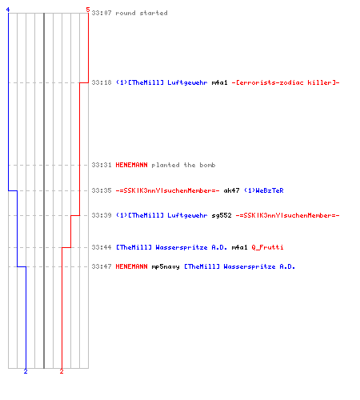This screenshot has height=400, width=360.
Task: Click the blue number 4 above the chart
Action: (x=8, y=10)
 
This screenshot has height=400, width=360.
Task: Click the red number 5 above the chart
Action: (x=88, y=10)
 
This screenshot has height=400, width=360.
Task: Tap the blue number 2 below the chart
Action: (x=26, y=371)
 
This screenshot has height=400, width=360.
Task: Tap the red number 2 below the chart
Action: (x=62, y=371)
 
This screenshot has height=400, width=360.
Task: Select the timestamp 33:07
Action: (x=102, y=13)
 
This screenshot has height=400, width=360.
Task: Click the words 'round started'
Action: (x=142, y=13)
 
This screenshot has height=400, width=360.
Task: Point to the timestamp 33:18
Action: (x=102, y=82)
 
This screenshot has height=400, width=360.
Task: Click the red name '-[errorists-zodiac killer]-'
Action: (x=286, y=82)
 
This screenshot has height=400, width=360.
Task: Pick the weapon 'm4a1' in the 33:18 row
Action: (x=220, y=82)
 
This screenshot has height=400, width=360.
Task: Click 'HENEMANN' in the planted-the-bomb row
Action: (x=131, y=165)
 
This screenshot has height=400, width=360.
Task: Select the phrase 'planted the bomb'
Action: (x=183, y=165)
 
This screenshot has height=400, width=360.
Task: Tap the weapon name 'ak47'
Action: (x=231, y=190)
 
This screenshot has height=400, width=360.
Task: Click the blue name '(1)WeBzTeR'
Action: (x=264, y=190)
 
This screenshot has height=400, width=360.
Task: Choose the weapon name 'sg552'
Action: (x=222, y=215)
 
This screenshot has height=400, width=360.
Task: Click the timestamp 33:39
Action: (x=102, y=215)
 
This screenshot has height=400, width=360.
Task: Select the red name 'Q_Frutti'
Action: (x=267, y=247)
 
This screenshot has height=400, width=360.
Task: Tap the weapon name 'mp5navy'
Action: (x=166, y=266)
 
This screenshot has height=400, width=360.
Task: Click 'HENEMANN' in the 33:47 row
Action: (x=131, y=266)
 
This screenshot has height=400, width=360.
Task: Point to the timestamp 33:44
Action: (x=102, y=247)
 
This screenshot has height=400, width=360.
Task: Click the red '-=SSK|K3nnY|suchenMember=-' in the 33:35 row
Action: (x=168, y=190)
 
